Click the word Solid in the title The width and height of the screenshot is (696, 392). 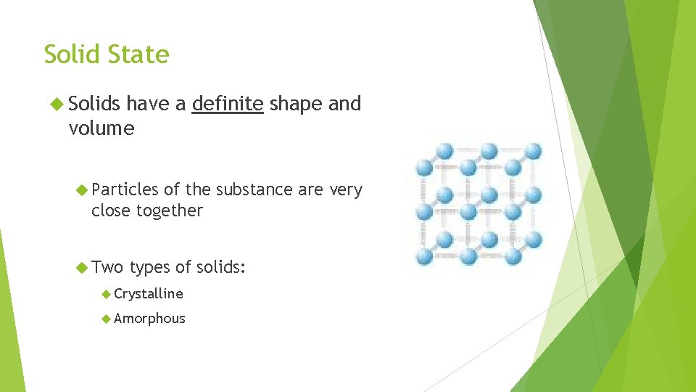[72, 54]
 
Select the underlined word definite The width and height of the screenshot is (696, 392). [227, 104]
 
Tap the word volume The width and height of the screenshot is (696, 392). [101, 128]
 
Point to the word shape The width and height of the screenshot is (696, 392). [297, 104]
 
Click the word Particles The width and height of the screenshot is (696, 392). [125, 189]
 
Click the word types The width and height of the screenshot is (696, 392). [149, 268]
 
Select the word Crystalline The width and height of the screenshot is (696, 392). [149, 293]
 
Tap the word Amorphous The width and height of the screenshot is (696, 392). [149, 318]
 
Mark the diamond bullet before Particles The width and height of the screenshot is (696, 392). [81, 190]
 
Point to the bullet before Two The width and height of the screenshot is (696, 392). [81, 268]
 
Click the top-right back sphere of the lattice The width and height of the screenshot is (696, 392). [533, 151]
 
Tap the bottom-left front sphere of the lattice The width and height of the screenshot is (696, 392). [424, 256]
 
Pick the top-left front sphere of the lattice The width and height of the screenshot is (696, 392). [424, 167]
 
